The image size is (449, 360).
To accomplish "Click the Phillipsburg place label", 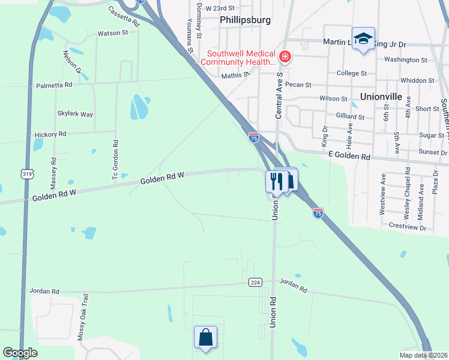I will click(246, 20).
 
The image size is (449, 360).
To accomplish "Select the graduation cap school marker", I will click(363, 39).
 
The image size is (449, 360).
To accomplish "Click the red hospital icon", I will click(284, 58).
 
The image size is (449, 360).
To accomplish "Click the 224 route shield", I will click(255, 281).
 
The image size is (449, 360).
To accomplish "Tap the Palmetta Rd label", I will click(54, 85).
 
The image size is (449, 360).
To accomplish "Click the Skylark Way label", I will click(75, 114).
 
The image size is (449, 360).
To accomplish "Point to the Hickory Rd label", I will click(50, 134).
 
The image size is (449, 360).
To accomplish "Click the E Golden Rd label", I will click(350, 156).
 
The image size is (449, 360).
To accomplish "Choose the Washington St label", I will click(405, 60).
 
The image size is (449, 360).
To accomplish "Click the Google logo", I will click(20, 353).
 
